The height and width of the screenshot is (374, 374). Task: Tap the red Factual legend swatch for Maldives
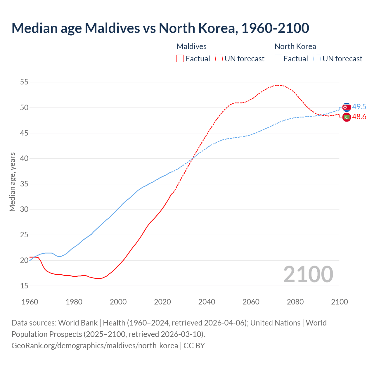pos(180,58)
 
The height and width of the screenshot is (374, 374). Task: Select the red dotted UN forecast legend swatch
pos(219,58)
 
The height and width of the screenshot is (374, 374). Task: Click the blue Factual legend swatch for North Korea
pos(278,58)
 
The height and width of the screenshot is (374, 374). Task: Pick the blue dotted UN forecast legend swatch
pos(317,58)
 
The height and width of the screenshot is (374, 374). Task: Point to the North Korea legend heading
pos(295,46)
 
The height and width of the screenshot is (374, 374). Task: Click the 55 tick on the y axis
pos(24,82)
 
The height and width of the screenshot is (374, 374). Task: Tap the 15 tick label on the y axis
pos(24,286)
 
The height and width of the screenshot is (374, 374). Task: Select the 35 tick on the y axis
pos(24,184)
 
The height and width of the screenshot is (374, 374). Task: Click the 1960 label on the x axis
pos(30,302)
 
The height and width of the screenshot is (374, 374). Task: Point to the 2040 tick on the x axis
pos(207,302)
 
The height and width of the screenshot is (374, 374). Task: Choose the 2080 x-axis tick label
pos(295,302)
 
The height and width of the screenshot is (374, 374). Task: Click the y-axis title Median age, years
pos(12,182)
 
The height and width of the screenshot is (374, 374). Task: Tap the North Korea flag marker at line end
pos(347,107)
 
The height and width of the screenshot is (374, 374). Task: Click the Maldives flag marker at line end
pos(347,117)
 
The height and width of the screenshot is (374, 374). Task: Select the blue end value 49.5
pos(359,107)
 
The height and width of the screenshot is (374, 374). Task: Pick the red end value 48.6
pos(359,117)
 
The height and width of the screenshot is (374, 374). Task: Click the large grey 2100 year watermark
pos(308,274)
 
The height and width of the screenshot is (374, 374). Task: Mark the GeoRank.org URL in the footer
pos(95,346)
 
